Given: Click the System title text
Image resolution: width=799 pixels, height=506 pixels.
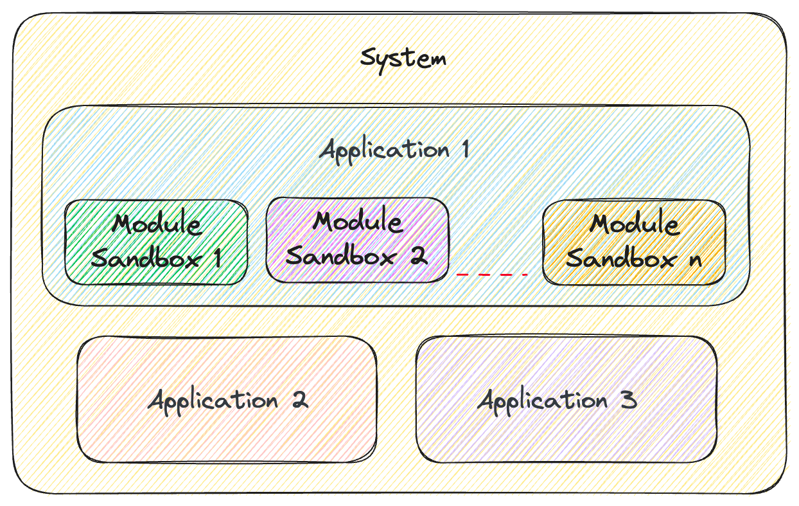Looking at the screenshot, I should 403,59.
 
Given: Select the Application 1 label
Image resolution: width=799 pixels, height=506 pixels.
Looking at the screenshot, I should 394,150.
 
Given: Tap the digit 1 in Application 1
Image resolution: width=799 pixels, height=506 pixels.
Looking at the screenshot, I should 464,150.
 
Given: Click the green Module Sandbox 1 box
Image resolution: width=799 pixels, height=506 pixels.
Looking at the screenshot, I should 156,242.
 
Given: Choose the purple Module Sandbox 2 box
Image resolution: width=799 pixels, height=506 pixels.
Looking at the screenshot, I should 357,240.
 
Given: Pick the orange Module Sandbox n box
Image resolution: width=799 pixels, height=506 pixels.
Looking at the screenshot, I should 634,242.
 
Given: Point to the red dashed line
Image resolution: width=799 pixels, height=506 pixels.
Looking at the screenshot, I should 492,275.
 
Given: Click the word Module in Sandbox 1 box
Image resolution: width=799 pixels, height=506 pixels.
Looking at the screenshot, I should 157,225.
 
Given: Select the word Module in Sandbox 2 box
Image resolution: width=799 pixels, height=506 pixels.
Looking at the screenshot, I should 357,222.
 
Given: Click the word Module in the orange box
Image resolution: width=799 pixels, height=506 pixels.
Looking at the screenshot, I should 635,225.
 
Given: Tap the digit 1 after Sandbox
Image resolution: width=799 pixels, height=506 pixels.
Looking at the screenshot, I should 216,258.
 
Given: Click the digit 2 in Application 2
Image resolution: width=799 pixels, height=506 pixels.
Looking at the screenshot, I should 299,400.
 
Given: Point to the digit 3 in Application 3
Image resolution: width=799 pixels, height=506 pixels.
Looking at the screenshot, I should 629,400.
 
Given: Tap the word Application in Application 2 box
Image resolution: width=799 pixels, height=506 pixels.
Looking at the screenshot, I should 213,400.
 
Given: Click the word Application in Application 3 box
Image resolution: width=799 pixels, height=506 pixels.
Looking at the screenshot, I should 543,400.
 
